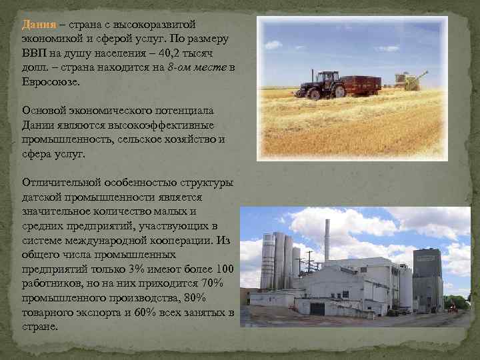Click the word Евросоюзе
click(x=50, y=82)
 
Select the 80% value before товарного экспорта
click(x=211, y=298)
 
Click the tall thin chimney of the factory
click(x=327, y=240)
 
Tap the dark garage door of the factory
click(x=317, y=309)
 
